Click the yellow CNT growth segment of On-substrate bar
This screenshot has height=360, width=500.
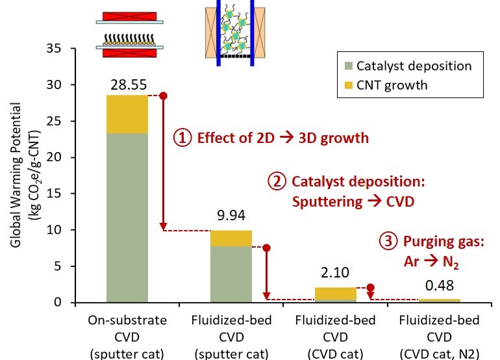127,114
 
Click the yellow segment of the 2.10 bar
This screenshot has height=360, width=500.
335,293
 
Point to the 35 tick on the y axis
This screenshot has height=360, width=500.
57,49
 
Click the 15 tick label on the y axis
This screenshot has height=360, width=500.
57,194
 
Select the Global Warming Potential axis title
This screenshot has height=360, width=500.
21,175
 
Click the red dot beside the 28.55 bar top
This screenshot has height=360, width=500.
163,96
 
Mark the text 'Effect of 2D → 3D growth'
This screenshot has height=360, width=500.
281,138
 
